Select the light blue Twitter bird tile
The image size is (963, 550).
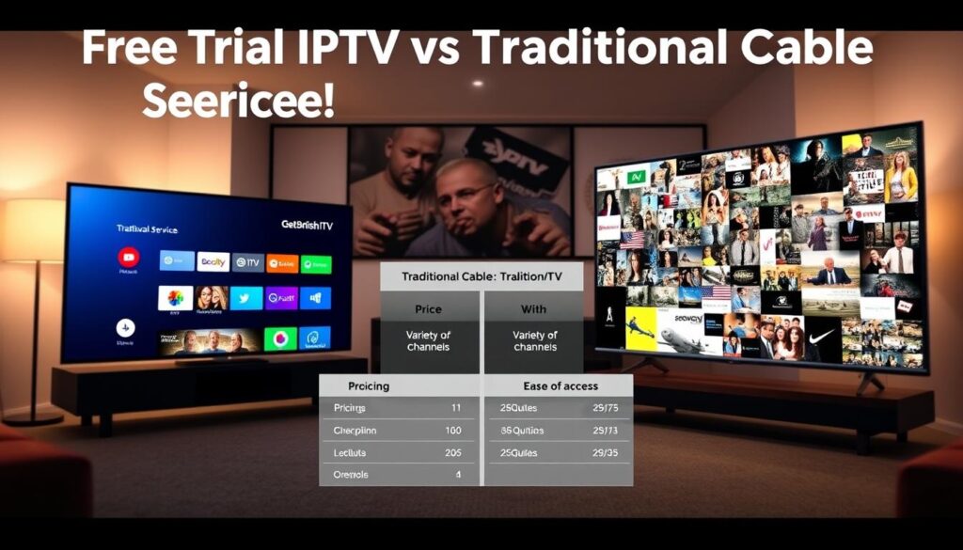245,298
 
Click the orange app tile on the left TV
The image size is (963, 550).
282,263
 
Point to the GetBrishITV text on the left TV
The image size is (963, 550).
307,227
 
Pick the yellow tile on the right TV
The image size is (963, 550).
641,329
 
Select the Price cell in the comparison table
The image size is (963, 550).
428,308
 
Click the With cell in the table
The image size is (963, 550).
533,308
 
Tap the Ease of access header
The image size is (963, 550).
560,385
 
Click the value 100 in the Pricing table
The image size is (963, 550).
451,431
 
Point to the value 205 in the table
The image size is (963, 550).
451,452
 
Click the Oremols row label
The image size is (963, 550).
351,475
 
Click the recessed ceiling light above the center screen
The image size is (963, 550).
478,83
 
